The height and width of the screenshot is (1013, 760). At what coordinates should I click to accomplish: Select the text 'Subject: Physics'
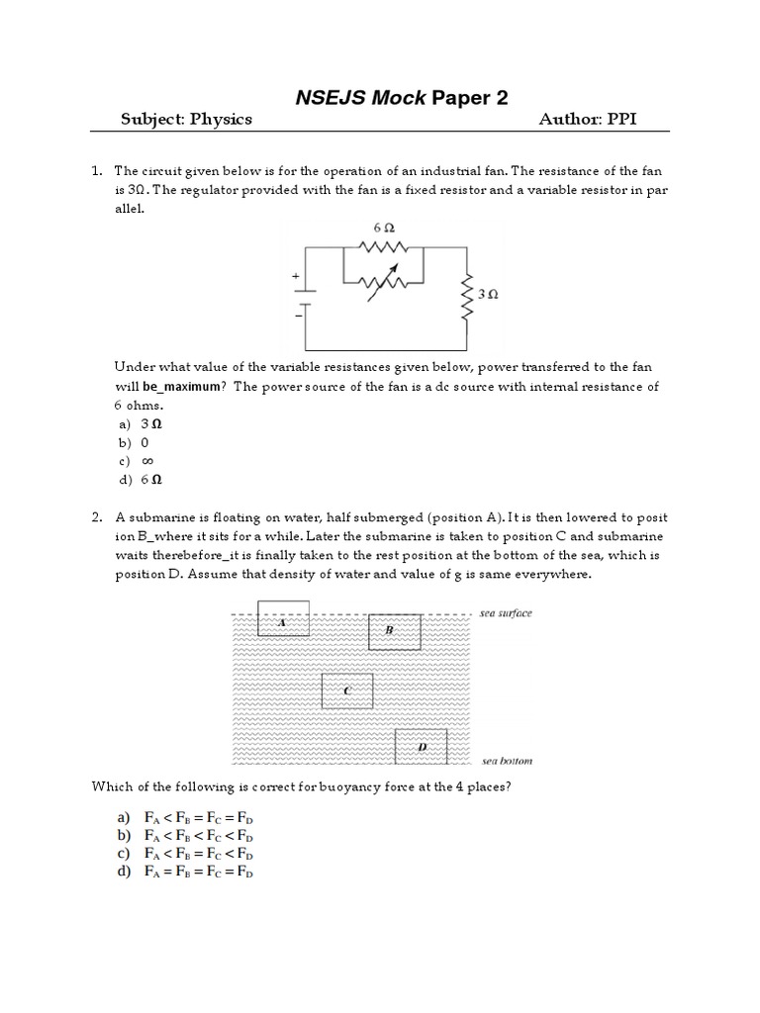[186, 120]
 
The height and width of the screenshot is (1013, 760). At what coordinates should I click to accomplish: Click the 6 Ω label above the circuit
[383, 228]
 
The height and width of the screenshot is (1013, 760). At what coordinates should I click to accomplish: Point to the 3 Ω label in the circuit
[487, 295]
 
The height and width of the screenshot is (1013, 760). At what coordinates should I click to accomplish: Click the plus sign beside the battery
[295, 279]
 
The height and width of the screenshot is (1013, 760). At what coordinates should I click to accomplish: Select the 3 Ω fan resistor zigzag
[466, 295]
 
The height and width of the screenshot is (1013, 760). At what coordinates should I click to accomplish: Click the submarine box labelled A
[283, 619]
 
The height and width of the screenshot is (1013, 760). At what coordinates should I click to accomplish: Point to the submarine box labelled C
[347, 691]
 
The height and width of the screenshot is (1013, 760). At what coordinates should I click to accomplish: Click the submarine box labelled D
[421, 747]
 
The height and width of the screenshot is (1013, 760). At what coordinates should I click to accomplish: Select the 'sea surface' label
[506, 613]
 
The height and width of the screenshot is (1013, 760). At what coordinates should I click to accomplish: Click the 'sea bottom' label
[506, 761]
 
